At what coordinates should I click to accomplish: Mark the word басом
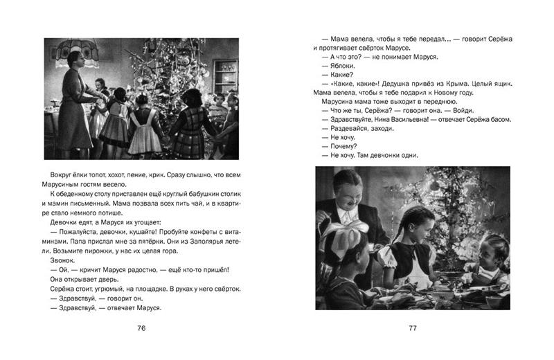click(499, 120)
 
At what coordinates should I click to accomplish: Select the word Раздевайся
click(348, 131)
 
